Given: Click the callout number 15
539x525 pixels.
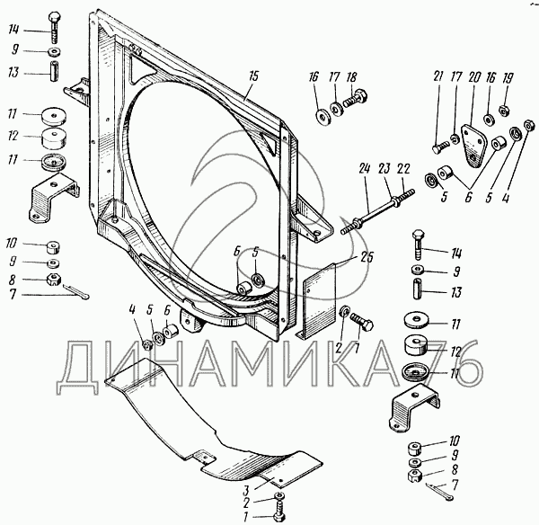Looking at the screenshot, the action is [x=254, y=76].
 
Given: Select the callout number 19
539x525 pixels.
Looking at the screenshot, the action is [x=508, y=78].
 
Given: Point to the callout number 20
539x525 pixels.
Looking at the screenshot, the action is [x=473, y=78].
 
